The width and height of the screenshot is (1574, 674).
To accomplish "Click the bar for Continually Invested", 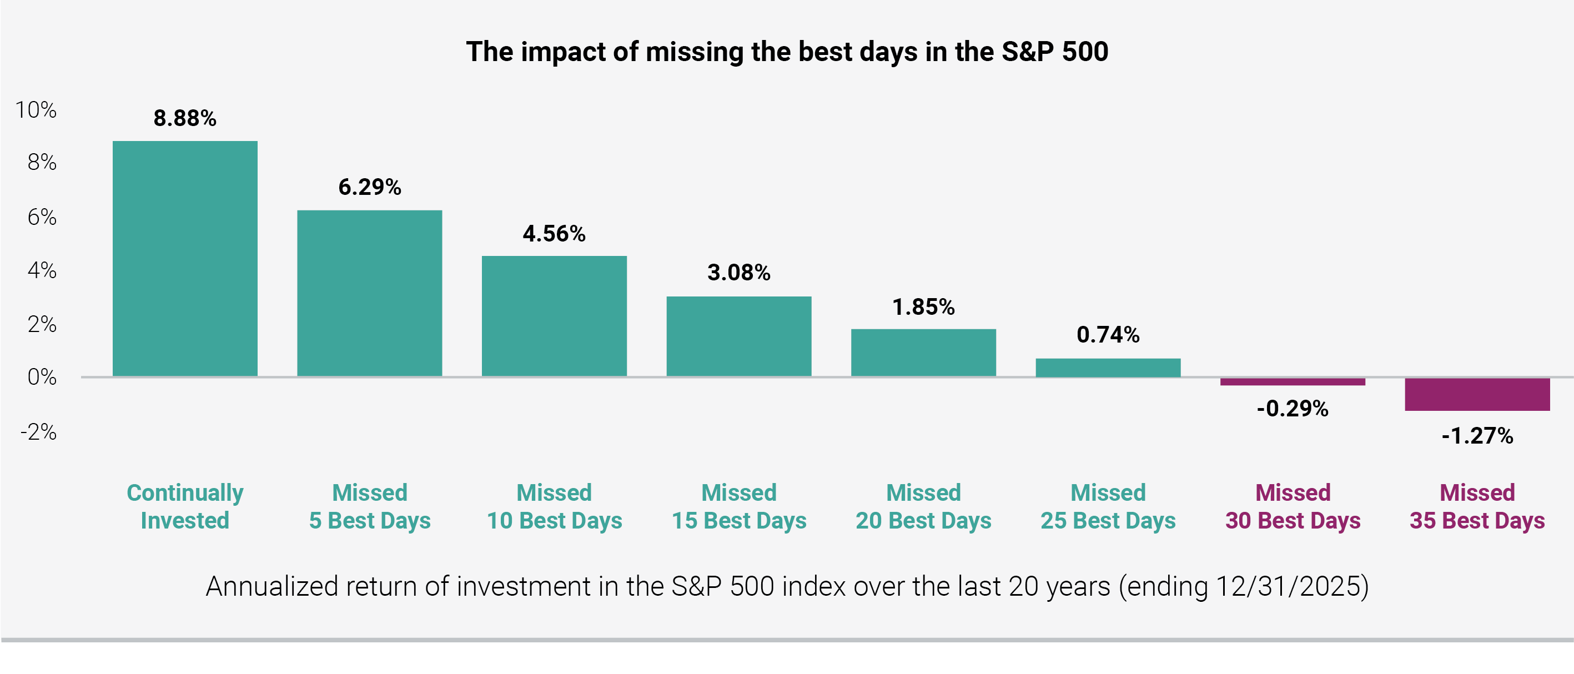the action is pos(185,259).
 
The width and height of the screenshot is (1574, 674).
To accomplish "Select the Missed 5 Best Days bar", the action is pos(370,293).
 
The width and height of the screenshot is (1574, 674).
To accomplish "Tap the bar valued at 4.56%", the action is pos(554,316).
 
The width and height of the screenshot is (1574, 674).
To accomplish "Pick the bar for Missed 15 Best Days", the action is pos(739,336).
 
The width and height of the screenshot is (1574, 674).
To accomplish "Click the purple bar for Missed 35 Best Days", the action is pos(1477,394).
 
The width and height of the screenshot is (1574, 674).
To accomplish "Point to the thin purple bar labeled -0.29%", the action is pos(1293,382).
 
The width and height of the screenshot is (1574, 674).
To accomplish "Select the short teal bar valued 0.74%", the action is pos(1108,367).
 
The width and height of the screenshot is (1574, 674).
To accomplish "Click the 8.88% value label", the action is pos(185,118).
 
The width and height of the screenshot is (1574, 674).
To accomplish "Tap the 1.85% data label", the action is pos(923,307).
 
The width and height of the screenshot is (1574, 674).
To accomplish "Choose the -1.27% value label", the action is pos(1477,436).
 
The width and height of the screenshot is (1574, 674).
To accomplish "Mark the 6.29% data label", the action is pos(370,187).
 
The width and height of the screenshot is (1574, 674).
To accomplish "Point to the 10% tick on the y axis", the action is pos(36,110).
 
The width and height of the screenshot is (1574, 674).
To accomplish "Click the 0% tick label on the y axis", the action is pos(42,377).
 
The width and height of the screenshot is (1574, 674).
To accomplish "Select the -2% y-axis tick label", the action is pos(38,432).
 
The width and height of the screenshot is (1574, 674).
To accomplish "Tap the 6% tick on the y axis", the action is pos(42,217).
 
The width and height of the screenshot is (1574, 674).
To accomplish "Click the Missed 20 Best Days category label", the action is pos(923,506).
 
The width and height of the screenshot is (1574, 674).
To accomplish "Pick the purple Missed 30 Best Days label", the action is pos(1293,506).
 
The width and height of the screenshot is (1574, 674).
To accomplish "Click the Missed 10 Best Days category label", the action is pos(554,506).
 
